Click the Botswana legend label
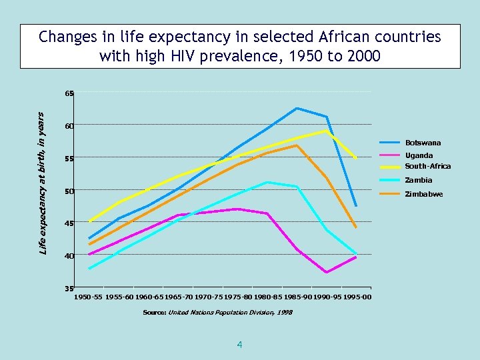pyautogui.click(x=423, y=143)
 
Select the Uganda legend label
pyautogui.click(x=419, y=155)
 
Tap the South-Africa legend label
pyautogui.click(x=427, y=166)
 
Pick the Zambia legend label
pyautogui.click(x=419, y=180)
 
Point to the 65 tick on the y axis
pyautogui.click(x=69, y=94)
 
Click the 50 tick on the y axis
pyautogui.click(x=69, y=191)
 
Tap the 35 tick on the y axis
pyautogui.click(x=69, y=289)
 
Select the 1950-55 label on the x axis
pyautogui.click(x=89, y=297)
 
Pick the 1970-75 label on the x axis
pyautogui.click(x=208, y=297)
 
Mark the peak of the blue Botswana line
pyautogui.click(x=297, y=108)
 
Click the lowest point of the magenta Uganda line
pyautogui.click(x=327, y=273)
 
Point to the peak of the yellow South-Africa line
pyautogui.click(x=327, y=131)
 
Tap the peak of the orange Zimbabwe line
pyautogui.click(x=297, y=145)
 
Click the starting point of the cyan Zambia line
pyautogui.click(x=89, y=269)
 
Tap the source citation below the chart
pyautogui.click(x=217, y=312)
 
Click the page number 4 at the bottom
pyautogui.click(x=239, y=345)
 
